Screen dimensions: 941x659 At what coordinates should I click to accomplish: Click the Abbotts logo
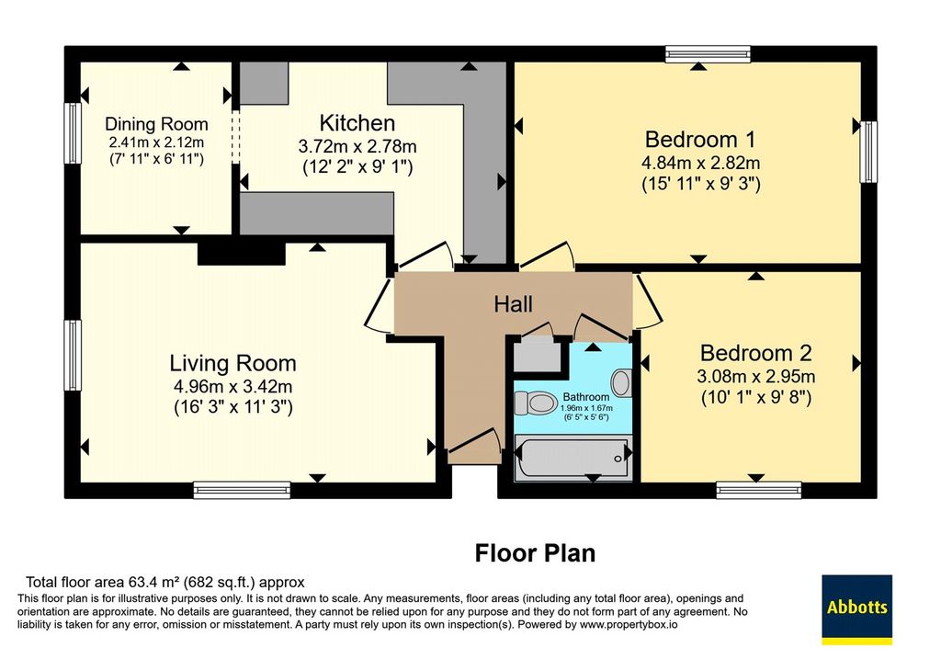coord(856,608)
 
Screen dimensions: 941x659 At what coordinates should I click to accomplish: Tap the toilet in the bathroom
coord(536,403)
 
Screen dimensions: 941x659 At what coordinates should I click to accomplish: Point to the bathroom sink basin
coord(621,382)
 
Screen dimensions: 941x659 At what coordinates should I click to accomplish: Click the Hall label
coord(513,304)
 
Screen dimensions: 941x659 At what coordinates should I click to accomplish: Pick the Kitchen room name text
coord(357,123)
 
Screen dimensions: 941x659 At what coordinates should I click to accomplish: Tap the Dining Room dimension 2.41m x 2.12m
coord(156,142)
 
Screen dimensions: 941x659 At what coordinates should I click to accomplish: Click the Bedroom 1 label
coord(699,139)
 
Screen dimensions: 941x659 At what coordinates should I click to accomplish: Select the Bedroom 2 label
coord(756,353)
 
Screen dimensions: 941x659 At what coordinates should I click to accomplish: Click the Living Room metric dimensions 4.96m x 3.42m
coord(232,386)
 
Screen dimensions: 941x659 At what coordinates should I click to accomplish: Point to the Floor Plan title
coord(535,552)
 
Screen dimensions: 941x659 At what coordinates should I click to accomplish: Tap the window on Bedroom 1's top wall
coord(708,54)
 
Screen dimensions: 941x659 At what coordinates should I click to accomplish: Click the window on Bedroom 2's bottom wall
coord(758,491)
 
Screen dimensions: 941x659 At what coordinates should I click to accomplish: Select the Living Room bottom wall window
coord(242,491)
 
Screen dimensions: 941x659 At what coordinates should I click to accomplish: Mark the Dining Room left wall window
coord(73,133)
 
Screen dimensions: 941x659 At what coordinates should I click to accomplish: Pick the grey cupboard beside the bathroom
coord(537,355)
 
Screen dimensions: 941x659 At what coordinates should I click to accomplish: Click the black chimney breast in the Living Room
coord(242,254)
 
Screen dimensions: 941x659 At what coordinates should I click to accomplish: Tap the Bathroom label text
coord(585,397)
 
